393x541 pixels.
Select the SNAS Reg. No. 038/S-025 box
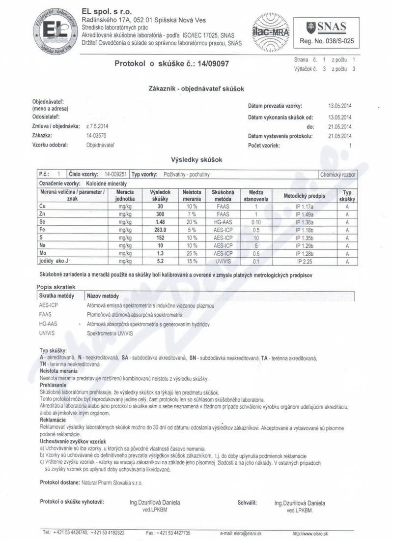tap(326, 31)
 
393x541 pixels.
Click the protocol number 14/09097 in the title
tap(213, 64)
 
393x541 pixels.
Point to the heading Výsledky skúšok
tap(196, 160)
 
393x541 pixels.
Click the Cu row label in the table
tap(42, 207)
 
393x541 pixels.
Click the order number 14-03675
tap(96, 135)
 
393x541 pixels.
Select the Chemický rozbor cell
tap(337, 175)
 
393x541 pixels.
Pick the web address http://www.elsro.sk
tap(310, 533)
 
